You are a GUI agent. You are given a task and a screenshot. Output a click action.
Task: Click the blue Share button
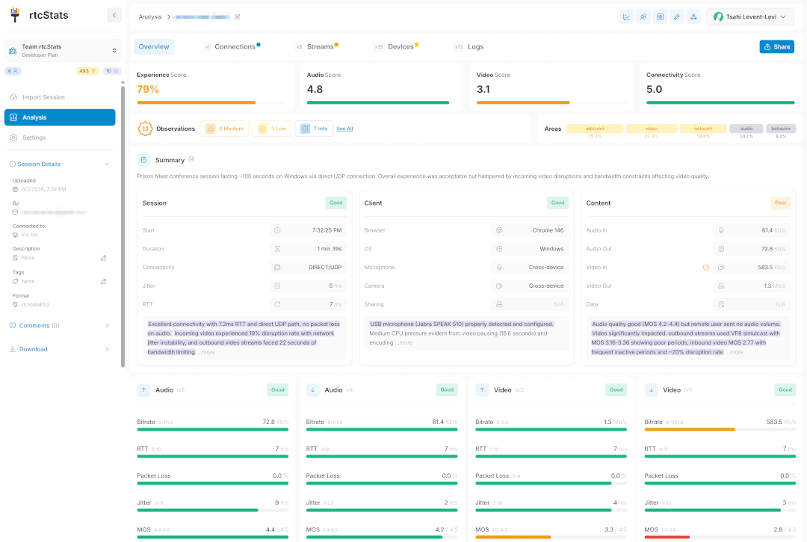776,46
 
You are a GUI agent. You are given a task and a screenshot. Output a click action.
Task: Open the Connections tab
235,46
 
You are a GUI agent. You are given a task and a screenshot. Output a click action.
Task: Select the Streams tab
320,46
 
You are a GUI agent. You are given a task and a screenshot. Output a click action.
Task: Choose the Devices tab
401,46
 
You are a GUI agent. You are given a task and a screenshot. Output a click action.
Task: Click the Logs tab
475,46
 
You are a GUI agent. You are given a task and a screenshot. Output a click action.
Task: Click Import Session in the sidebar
43,97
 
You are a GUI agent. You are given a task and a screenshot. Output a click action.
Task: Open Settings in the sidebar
34,138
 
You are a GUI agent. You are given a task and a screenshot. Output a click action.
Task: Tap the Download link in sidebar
33,349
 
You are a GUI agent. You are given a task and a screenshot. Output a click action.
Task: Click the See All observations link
344,129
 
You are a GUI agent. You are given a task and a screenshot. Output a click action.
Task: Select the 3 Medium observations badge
224,129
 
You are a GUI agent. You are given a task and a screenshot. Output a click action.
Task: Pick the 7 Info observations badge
314,129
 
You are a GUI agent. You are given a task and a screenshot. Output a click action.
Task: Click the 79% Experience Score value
148,89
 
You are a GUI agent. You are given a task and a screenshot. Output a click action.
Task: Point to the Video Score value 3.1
483,89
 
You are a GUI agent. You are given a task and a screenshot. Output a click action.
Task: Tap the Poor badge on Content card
780,203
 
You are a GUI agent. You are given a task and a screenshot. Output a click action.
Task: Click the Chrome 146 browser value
548,230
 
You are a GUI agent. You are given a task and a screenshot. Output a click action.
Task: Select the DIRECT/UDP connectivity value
326,267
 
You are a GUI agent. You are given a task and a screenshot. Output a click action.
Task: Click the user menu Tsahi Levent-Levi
750,17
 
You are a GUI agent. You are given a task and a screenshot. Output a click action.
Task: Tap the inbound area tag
595,129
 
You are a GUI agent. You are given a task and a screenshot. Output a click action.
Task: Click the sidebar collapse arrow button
114,15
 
